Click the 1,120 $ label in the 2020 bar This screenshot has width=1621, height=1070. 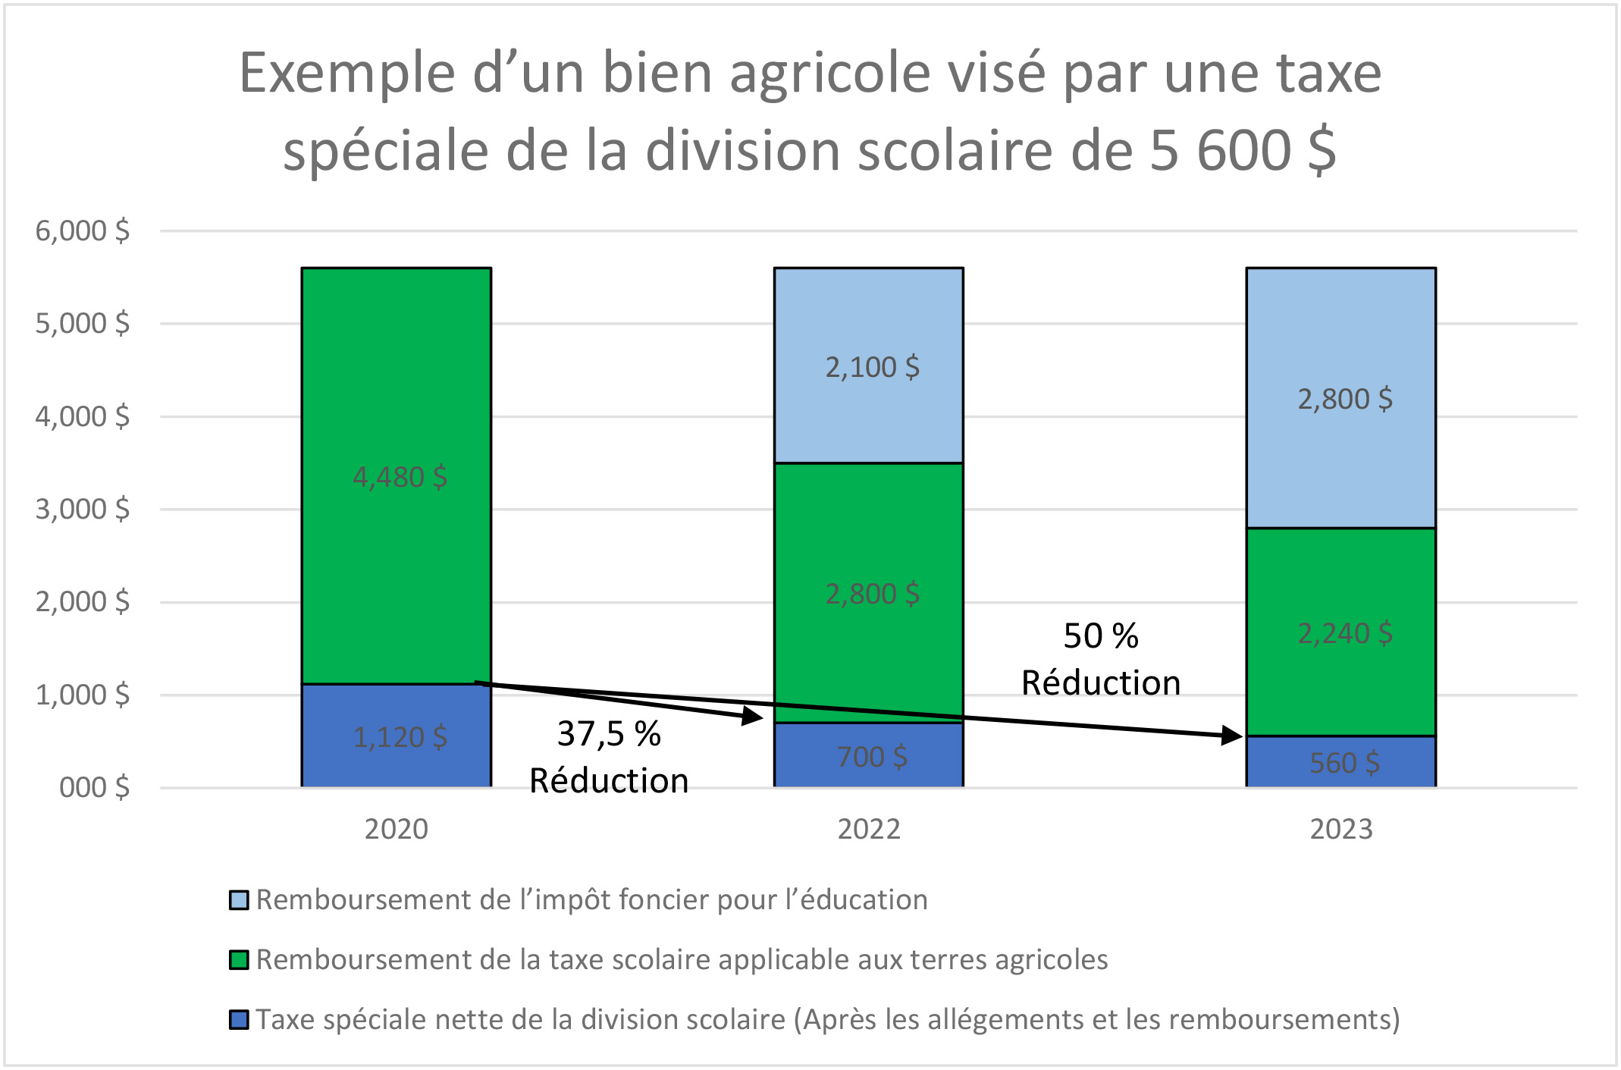click(400, 737)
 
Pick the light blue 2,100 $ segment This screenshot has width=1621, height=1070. click(869, 366)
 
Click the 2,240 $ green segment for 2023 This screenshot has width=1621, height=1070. click(1341, 632)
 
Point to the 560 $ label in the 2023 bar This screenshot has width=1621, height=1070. click(1344, 763)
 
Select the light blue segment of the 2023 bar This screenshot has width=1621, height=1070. click(1341, 398)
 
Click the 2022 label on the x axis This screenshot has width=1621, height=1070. click(869, 830)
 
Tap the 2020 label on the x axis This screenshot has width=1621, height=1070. click(396, 830)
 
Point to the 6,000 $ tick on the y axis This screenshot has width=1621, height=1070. click(83, 231)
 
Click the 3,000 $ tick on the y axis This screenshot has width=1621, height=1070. click(83, 510)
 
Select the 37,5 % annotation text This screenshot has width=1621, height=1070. click(609, 734)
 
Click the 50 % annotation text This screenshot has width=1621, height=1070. click(1101, 636)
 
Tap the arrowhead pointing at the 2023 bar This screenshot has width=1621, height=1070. click(1233, 735)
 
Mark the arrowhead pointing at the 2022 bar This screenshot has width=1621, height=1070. click(754, 716)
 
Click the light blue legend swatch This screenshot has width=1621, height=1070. click(239, 900)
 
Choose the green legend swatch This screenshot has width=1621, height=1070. click(239, 960)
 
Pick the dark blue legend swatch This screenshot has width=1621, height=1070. click(239, 1020)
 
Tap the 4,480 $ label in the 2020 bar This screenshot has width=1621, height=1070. click(400, 477)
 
